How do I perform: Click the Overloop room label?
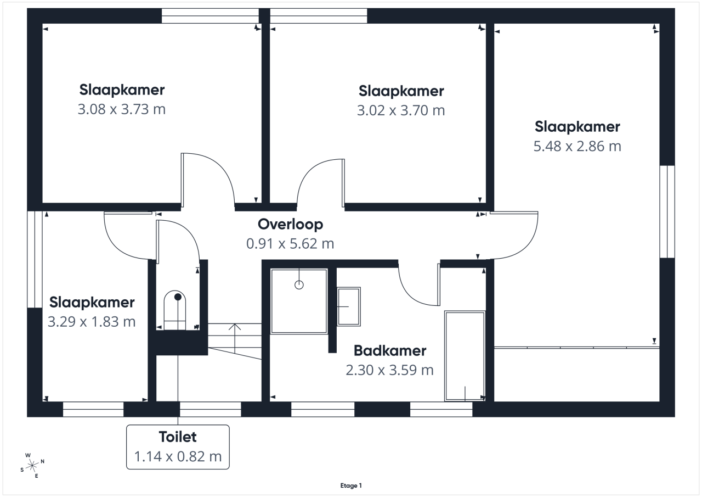pyautogui.click(x=290, y=225)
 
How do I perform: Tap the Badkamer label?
pyautogui.click(x=390, y=351)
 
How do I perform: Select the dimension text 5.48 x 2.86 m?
pyautogui.click(x=578, y=146)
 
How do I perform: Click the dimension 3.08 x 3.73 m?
pyautogui.click(x=122, y=109)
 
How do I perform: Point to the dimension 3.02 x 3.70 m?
pyautogui.click(x=401, y=110)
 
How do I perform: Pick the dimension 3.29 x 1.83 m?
pyautogui.click(x=92, y=322)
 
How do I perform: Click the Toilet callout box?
pyautogui.click(x=178, y=447)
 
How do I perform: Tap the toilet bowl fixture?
pyautogui.click(x=175, y=310)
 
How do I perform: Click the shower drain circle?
pyautogui.click(x=299, y=285)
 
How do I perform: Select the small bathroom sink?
pyautogui.click(x=348, y=306)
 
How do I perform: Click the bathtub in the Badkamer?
pyautogui.click(x=465, y=356)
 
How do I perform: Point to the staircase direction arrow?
pyautogui.click(x=235, y=339)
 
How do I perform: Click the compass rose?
pyautogui.click(x=32, y=466)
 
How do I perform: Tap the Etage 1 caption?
pyautogui.click(x=351, y=485)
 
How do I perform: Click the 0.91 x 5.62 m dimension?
pyautogui.click(x=290, y=244)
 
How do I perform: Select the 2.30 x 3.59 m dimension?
pyautogui.click(x=389, y=370)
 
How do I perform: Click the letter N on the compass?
pyautogui.click(x=43, y=461)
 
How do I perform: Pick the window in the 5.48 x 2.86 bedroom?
pyautogui.click(x=667, y=212)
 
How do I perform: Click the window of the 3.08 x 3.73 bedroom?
pyautogui.click(x=210, y=16)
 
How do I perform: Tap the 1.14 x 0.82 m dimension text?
pyautogui.click(x=178, y=456)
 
